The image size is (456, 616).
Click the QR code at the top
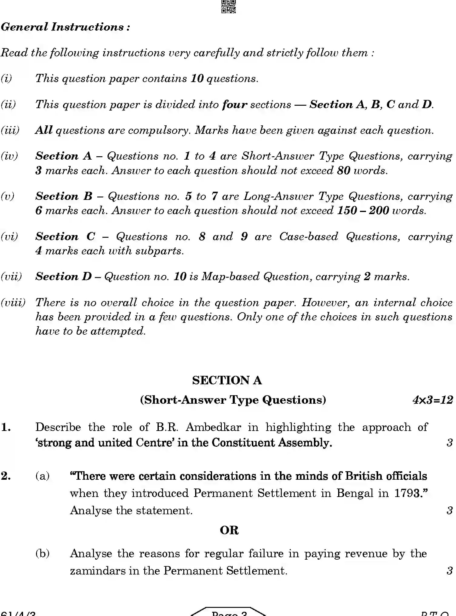point(228,6)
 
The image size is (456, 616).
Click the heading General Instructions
point(65,27)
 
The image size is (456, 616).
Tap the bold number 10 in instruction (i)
point(197,79)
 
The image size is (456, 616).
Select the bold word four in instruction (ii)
point(235,105)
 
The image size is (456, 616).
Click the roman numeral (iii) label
point(10,131)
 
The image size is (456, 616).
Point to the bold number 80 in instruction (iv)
point(344,171)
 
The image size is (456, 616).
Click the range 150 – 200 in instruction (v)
point(363,211)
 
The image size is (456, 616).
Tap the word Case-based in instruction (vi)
point(308,237)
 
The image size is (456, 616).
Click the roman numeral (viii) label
point(13,303)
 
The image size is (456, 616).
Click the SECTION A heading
point(227,380)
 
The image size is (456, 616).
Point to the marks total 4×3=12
point(432,400)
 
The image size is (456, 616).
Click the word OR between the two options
point(229,530)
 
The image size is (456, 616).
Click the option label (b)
point(42,554)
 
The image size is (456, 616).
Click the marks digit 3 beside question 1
point(449,443)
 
